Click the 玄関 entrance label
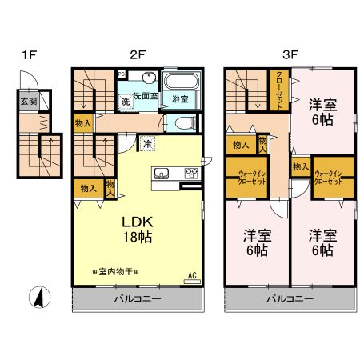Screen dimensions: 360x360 point(28,102)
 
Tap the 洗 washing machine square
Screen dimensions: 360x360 point(126,101)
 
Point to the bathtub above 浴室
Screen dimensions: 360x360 point(180,82)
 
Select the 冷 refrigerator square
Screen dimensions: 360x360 point(147,144)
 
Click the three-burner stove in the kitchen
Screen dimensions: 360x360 point(191,174)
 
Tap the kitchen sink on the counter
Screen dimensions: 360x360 point(159,174)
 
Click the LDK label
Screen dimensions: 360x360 point(137,221)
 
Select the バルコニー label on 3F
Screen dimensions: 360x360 point(290,298)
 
